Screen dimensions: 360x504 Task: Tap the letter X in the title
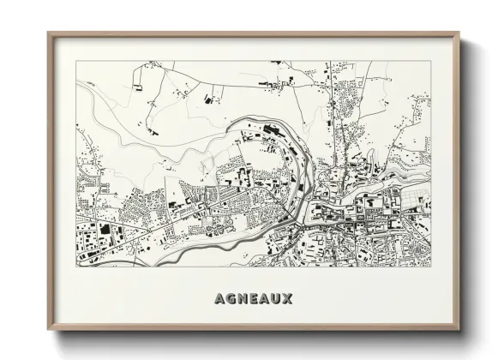tap(288, 299)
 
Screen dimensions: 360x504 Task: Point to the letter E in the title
tap(251, 299)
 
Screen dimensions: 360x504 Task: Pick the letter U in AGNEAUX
tap(275, 299)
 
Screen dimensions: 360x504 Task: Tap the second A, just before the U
tap(262, 299)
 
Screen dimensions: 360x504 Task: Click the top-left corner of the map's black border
tap(75, 63)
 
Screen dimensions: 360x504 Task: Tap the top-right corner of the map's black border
tap(431, 63)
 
